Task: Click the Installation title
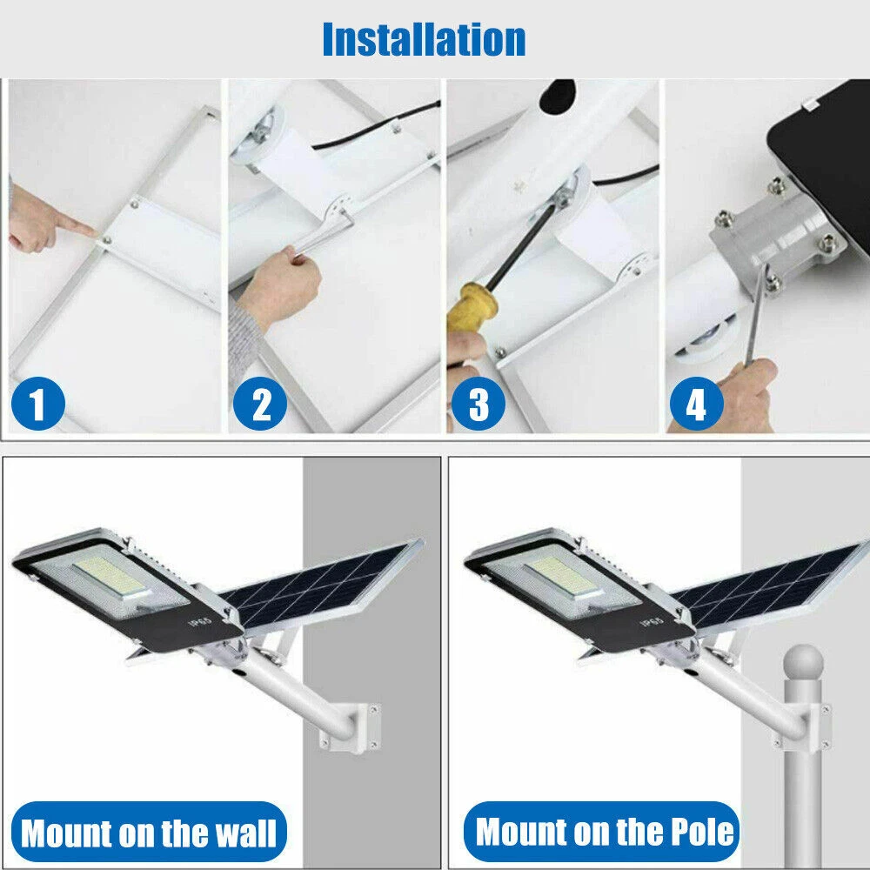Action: (x=424, y=39)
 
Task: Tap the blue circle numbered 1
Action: (x=37, y=404)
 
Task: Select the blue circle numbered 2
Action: (x=259, y=404)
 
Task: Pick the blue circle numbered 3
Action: (x=478, y=404)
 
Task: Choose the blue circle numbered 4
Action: (x=696, y=404)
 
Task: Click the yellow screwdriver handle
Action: (x=472, y=309)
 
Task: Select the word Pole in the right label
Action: (x=702, y=832)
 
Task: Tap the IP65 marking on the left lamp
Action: (x=200, y=621)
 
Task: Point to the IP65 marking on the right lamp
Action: (x=652, y=621)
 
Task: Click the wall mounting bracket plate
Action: (x=367, y=728)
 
